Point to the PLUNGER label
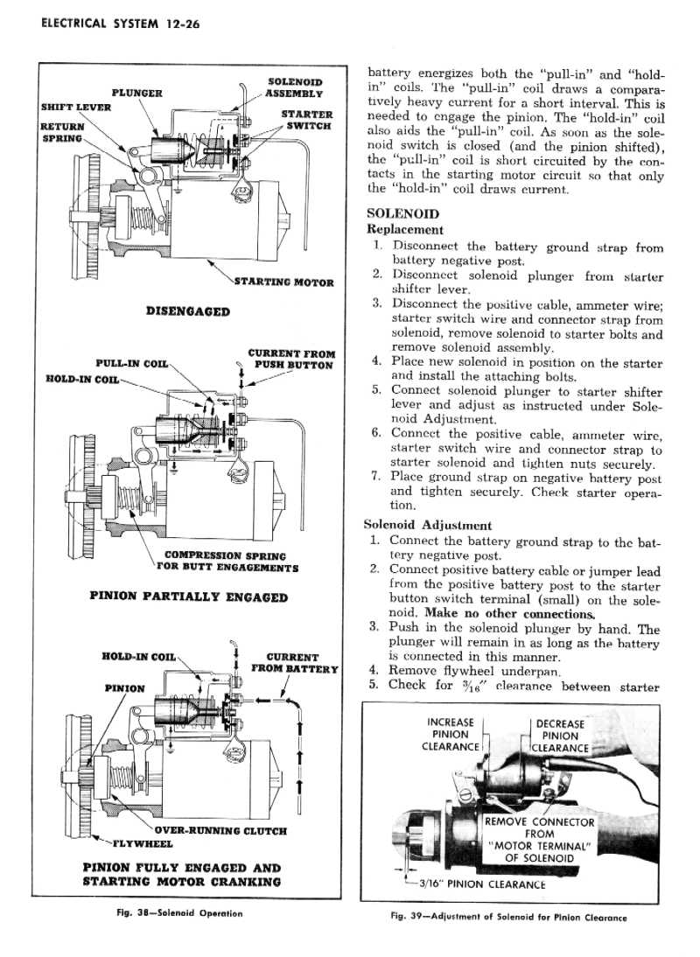136,92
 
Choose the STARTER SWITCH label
306,120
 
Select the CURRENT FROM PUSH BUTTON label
292,360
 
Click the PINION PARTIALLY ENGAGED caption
189,597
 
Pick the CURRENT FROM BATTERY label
294,663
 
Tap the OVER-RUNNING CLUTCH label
220,830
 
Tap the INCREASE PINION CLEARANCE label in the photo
451,734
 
